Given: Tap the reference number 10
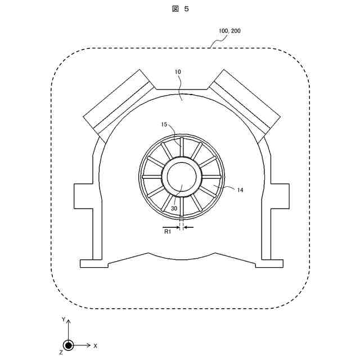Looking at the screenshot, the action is point(178,73).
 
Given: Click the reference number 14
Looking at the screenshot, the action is point(240,190).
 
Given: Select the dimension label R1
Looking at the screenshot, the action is point(167,231).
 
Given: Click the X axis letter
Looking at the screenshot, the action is point(96,345).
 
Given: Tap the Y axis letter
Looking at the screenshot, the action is point(64,319).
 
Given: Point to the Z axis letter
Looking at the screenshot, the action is point(60,352).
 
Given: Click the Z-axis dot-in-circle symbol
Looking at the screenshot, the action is point(68,345).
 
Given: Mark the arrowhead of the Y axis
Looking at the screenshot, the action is point(68,321).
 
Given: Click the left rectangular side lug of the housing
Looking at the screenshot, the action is point(83,195).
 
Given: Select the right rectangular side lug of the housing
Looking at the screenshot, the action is point(279,195).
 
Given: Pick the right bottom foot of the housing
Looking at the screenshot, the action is point(269,263).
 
